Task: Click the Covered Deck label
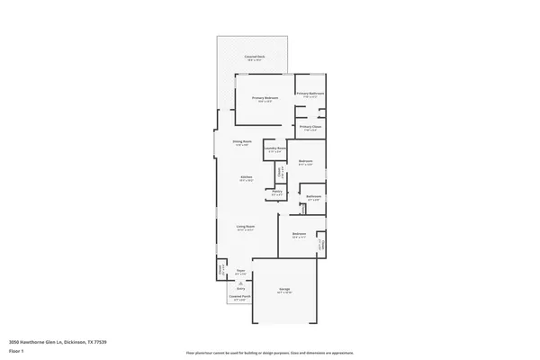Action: coord(255,57)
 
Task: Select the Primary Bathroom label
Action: coord(310,93)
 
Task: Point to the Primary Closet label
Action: coord(310,127)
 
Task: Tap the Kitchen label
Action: coord(246,177)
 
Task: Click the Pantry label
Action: coord(277,192)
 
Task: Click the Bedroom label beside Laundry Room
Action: coord(305,162)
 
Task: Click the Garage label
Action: coord(283,290)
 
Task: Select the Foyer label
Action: coord(240,271)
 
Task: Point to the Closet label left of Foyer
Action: coord(220,268)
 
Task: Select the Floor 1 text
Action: coord(17,352)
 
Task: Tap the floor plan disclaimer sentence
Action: coord(270,352)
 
